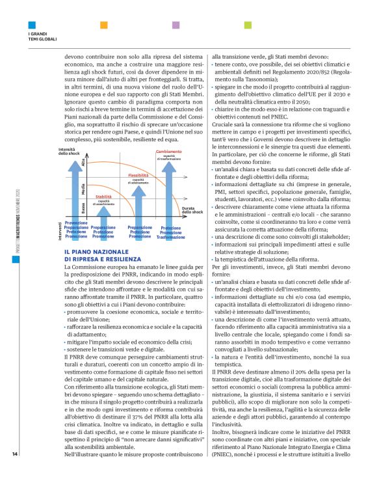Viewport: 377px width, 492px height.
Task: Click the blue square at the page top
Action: pos(30,25)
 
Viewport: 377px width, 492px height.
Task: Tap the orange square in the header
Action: pos(103,25)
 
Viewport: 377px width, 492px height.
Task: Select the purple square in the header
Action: pos(175,25)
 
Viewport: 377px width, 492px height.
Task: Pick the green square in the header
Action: pos(248,25)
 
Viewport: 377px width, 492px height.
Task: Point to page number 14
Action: pos(16,472)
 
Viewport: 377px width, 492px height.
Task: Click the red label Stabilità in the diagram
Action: pos(103,195)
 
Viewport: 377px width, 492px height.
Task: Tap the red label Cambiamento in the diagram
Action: pos(169,152)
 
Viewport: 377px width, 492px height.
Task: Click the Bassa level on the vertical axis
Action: pos(83,208)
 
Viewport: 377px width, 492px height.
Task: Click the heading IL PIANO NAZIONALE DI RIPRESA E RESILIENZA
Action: pos(96,254)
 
